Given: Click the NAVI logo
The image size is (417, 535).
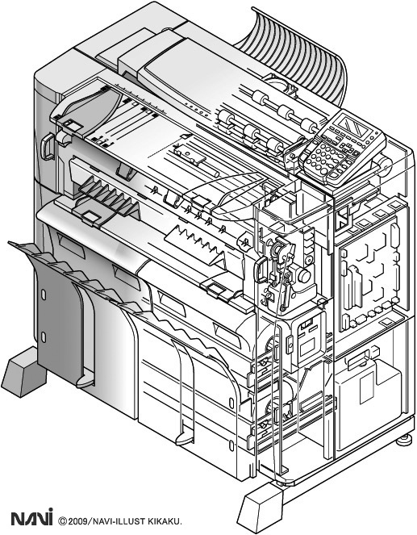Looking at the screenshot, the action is tap(32, 517).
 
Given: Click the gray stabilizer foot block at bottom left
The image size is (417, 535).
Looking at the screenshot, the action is tap(24, 372).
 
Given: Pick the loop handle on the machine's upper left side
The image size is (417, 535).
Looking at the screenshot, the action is tap(47, 147).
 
